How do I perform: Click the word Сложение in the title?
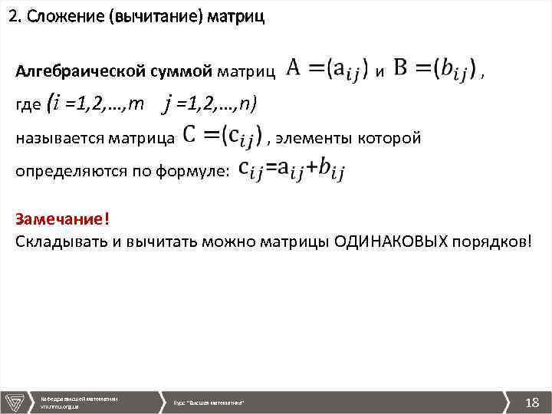tap(67, 18)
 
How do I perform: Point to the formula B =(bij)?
tap(435, 70)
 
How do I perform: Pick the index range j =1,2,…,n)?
tap(211, 105)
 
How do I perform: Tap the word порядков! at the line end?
tap(491, 241)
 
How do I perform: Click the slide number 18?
tap(531, 402)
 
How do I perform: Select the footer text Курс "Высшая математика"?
tap(209, 402)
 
